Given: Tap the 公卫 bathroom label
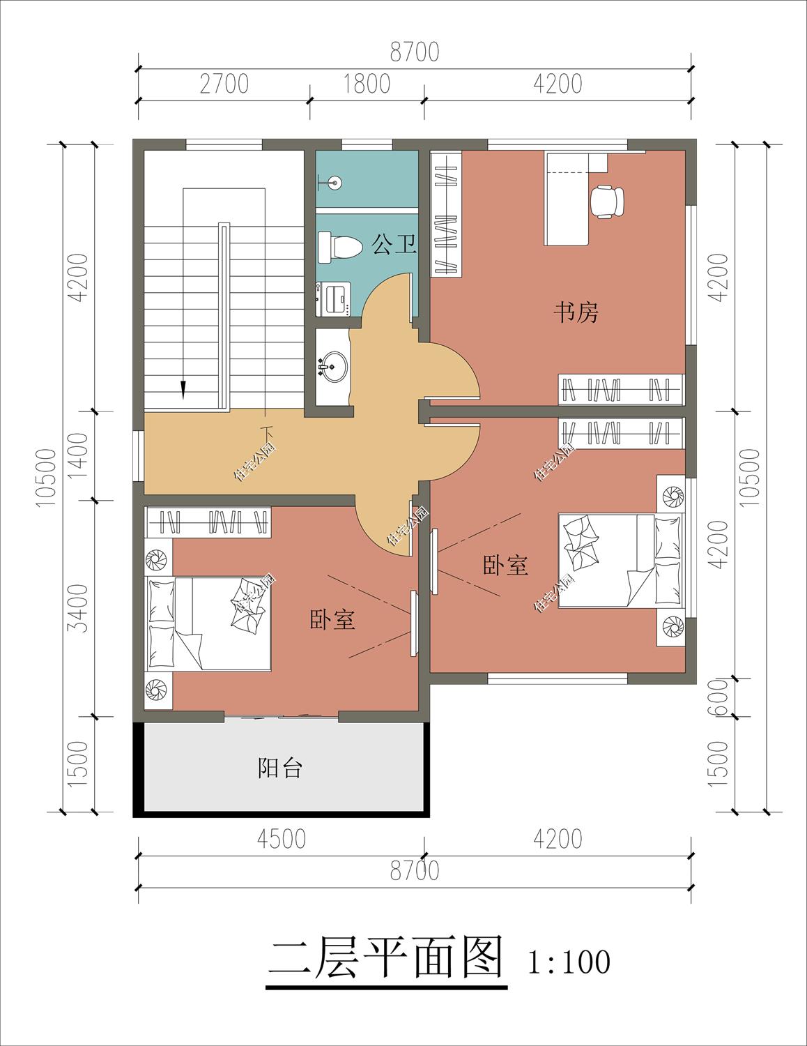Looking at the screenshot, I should pyautogui.click(x=394, y=244).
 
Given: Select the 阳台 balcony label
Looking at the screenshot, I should pyautogui.click(x=279, y=768).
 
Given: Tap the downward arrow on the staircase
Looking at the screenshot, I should pyautogui.click(x=184, y=388).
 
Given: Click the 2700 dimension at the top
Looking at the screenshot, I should pyautogui.click(x=224, y=84).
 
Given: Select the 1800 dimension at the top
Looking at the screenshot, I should pyautogui.click(x=367, y=84).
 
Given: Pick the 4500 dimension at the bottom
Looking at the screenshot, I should pyautogui.click(x=281, y=839).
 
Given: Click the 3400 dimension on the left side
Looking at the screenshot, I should pyautogui.click(x=80, y=608).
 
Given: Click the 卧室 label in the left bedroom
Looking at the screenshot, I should pyautogui.click(x=332, y=619).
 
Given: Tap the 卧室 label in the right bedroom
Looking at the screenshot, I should pyautogui.click(x=505, y=565).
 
